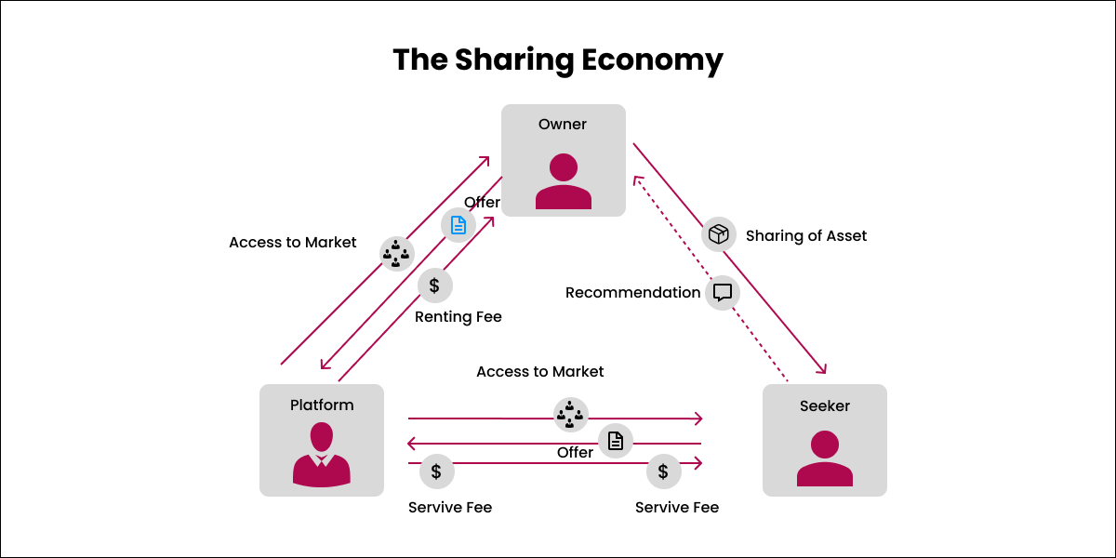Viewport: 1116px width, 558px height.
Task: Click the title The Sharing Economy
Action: tap(558, 60)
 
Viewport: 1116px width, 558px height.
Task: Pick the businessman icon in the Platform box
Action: tap(322, 455)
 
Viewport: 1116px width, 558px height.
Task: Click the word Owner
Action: tap(563, 125)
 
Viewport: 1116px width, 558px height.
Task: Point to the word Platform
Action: tap(322, 405)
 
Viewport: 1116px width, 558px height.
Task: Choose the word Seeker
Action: tap(825, 405)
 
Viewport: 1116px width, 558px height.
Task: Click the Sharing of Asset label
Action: tap(806, 236)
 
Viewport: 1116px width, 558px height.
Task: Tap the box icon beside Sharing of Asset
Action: tap(718, 235)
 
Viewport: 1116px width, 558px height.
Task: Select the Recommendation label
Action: tap(632, 293)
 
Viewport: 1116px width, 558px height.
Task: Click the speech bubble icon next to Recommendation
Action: tap(723, 293)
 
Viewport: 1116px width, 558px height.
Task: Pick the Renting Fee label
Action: tap(458, 317)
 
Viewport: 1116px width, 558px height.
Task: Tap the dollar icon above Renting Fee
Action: tap(434, 286)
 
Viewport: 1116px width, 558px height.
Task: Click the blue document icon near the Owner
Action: tap(458, 225)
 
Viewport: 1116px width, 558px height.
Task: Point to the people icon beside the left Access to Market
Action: tap(397, 253)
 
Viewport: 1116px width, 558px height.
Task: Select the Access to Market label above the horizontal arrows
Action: tap(539, 372)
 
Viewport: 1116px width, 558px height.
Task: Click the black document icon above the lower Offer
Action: tap(615, 441)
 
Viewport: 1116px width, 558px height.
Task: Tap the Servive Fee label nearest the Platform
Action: tap(450, 508)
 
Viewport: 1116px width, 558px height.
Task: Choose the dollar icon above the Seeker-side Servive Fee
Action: tap(663, 472)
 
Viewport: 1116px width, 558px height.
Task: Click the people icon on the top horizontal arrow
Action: tap(570, 414)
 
